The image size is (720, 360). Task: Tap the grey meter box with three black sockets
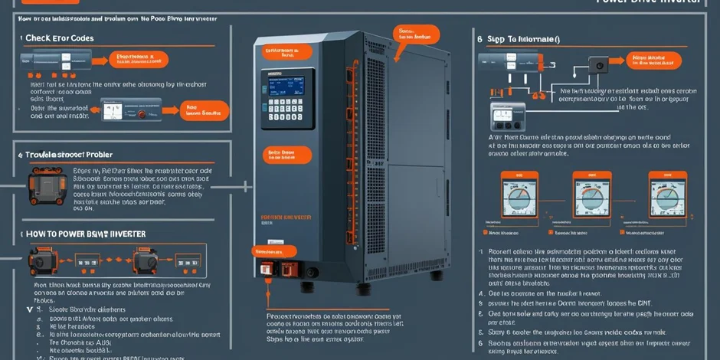pyautogui.click(x=505, y=116)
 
